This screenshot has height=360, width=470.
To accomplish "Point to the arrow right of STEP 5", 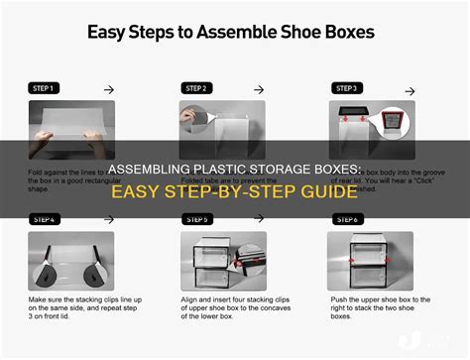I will click(262, 219).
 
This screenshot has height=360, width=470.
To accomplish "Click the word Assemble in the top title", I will click(248, 32).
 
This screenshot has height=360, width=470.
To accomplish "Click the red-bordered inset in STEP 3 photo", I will click(349, 123).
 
